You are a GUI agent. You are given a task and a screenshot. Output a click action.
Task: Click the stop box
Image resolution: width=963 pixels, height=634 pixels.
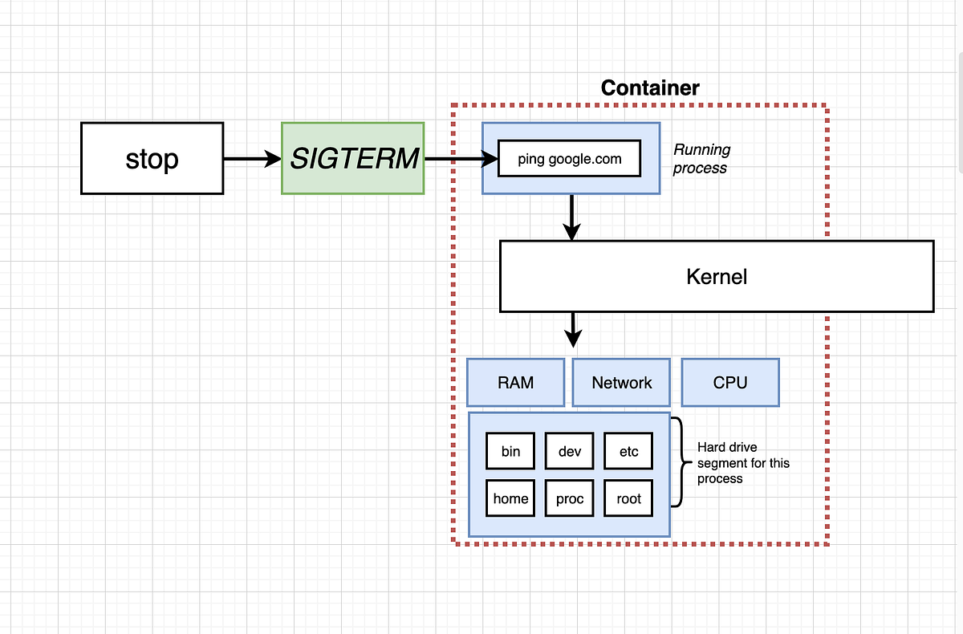coord(152,158)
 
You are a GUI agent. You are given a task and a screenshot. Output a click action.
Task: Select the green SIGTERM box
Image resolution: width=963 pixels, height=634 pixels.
coord(353,158)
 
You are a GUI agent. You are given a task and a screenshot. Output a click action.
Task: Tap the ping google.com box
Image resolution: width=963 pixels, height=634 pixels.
coord(570,159)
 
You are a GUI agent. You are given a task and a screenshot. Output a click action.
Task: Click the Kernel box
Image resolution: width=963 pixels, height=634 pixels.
coord(716,277)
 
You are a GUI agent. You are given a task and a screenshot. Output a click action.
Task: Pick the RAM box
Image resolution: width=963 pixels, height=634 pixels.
coord(515,383)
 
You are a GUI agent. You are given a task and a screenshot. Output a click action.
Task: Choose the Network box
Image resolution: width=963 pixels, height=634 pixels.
coord(622,383)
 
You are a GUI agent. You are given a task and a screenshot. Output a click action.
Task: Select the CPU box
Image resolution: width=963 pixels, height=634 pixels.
coord(729,383)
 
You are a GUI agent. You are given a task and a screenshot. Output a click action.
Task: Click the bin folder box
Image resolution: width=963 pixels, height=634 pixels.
coord(510,452)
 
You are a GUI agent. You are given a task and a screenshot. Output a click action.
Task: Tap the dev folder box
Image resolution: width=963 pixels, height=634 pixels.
coord(570,452)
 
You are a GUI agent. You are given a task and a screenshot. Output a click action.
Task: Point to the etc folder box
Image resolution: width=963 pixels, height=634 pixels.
coord(628,452)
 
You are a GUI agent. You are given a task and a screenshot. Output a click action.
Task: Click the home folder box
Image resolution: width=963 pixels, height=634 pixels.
coord(510,498)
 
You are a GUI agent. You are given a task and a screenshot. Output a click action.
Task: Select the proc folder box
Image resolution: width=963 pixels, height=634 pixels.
coord(570,498)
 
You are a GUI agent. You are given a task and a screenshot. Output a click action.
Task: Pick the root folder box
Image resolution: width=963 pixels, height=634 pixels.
coord(628,498)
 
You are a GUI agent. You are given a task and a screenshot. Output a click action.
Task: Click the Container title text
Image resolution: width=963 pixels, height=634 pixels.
coord(650,88)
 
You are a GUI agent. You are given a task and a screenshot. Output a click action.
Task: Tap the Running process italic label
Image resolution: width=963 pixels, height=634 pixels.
coord(701,159)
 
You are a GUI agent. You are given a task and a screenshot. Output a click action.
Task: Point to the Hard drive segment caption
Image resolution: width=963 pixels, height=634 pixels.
coord(742,463)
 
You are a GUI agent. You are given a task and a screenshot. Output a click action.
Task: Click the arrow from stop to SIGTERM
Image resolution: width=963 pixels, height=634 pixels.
coord(251,160)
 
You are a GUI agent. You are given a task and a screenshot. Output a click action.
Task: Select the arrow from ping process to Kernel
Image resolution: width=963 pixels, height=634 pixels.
coord(571,217)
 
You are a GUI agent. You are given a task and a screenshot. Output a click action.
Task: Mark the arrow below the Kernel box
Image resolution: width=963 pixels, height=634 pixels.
coord(573,329)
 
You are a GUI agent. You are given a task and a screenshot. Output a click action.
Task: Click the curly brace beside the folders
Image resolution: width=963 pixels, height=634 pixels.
coord(679,462)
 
